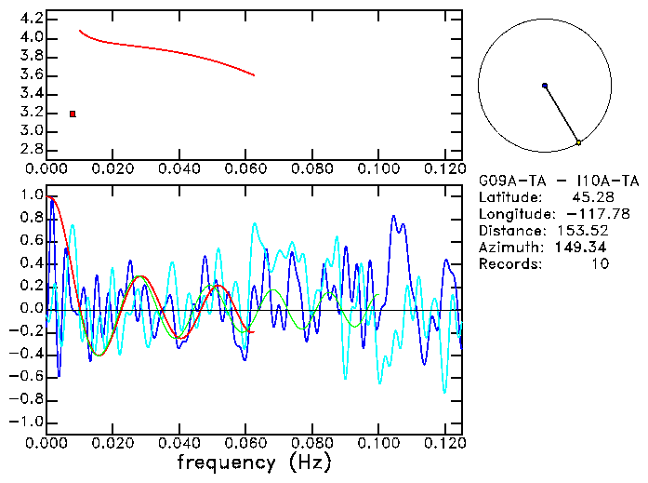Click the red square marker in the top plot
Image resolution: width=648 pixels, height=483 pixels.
point(73,114)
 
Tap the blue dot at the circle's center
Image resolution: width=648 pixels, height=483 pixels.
point(545,86)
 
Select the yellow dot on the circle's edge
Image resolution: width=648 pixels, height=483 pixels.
point(578,142)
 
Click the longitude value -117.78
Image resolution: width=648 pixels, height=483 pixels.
point(605,214)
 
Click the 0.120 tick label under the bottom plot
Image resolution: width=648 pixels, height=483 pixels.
point(443,443)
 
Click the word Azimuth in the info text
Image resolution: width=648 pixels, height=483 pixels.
point(508,248)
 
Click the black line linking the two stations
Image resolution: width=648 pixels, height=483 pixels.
point(562,114)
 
